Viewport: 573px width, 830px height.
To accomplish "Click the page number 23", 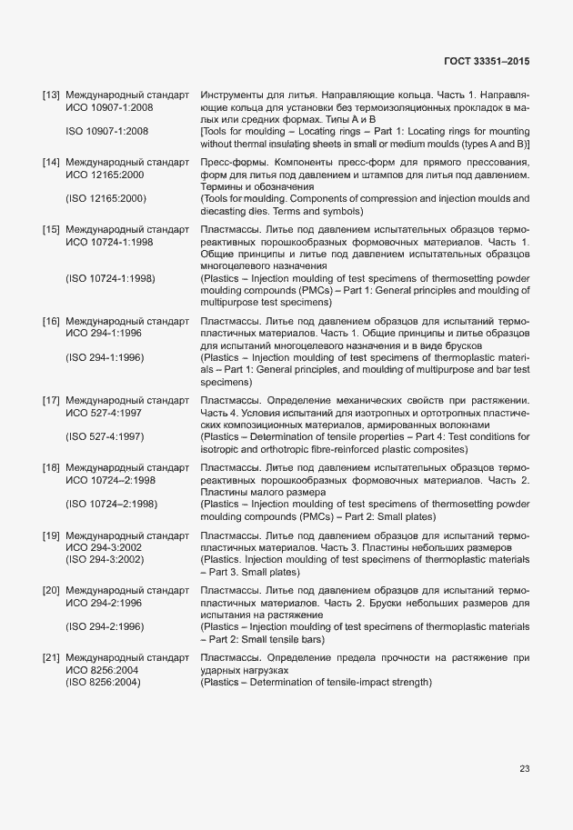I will click(x=524, y=769).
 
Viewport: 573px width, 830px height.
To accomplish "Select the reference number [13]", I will click(x=51, y=95).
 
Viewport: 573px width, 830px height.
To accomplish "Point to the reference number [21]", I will click(x=51, y=656).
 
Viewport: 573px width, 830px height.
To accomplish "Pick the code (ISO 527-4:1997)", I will click(x=106, y=436).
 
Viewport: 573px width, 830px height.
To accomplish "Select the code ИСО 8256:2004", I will click(x=103, y=669).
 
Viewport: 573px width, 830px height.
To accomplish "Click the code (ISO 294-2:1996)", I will click(x=106, y=626).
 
